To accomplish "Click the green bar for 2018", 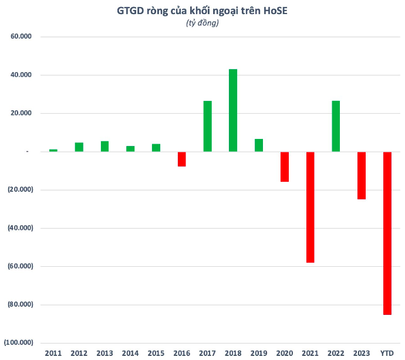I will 233,110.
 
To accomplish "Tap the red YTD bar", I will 387,233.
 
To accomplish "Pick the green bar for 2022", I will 336,126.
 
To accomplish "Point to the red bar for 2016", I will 182,159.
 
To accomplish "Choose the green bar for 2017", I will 208,126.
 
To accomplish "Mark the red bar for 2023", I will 362,175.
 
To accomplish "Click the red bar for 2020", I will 285,167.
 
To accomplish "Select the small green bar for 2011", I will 53,150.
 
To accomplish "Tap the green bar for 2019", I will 259,145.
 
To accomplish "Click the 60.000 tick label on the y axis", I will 21,37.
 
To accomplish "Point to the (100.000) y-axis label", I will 19,342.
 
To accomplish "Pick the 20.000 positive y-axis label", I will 21,113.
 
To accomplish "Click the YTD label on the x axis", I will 387,353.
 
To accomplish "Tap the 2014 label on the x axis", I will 130,353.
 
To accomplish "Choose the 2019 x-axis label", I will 259,353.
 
